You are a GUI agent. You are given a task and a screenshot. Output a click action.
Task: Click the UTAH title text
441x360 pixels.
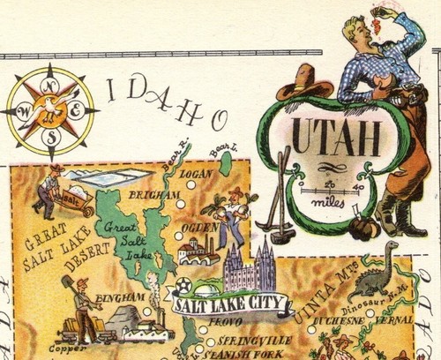point(336,138)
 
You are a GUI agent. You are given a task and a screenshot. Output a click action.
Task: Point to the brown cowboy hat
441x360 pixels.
point(304,86)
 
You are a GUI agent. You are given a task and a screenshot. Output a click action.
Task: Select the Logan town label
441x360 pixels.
point(196,175)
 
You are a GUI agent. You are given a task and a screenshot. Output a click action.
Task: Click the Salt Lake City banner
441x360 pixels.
point(230,305)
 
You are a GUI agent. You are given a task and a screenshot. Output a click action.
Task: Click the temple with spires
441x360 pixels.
point(250,267)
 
